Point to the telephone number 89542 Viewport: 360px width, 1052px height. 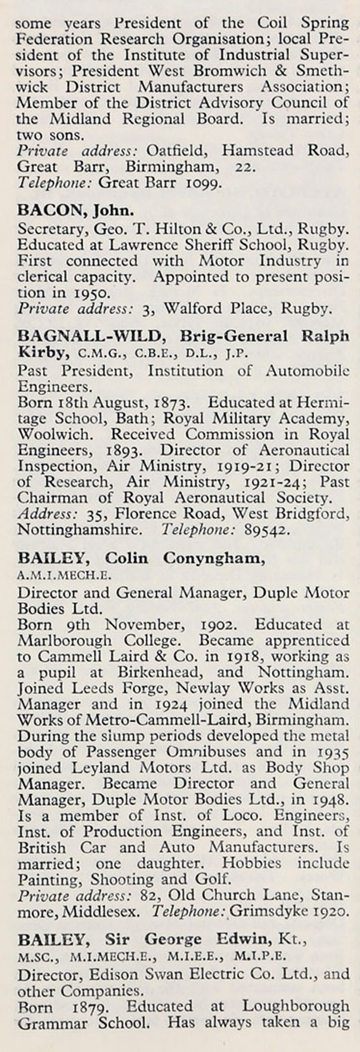click(x=266, y=530)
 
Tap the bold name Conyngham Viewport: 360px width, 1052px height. click(x=214, y=558)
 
